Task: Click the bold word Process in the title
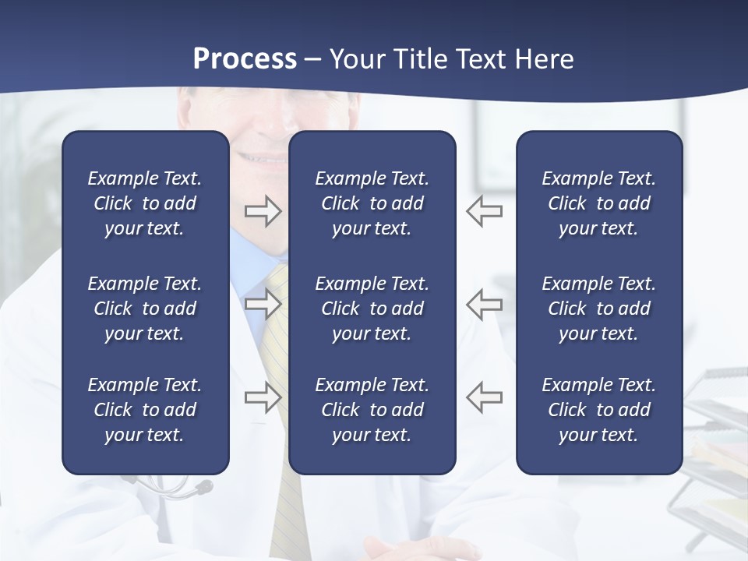click(x=245, y=59)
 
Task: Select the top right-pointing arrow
click(x=263, y=211)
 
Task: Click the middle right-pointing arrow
click(x=263, y=304)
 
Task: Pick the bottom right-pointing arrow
click(x=263, y=397)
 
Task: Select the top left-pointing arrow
click(x=485, y=211)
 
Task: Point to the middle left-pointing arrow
click(x=485, y=304)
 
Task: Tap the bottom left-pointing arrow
click(x=485, y=397)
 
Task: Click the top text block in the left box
click(x=145, y=203)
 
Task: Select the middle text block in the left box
click(x=145, y=309)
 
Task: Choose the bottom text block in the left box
click(x=145, y=410)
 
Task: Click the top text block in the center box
click(x=372, y=203)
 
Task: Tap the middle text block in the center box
click(x=372, y=309)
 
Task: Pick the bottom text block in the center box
click(x=372, y=410)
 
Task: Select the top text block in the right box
click(x=598, y=203)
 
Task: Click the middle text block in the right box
click(x=598, y=309)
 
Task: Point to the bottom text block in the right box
click(x=598, y=410)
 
